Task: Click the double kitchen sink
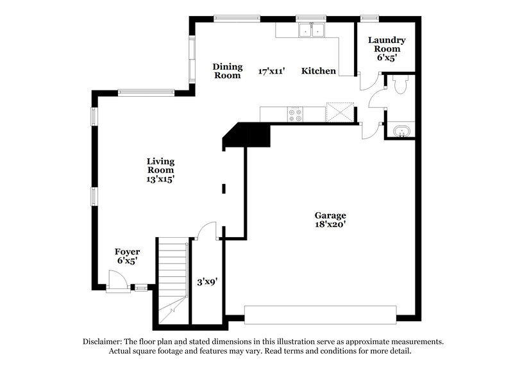312,29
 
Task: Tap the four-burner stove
295,114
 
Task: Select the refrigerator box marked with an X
340,112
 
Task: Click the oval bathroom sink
402,131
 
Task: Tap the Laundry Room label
386,44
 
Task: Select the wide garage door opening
320,315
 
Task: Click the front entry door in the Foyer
115,281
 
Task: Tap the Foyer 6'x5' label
126,256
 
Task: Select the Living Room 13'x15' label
160,170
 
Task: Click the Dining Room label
228,70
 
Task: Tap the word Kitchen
319,71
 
